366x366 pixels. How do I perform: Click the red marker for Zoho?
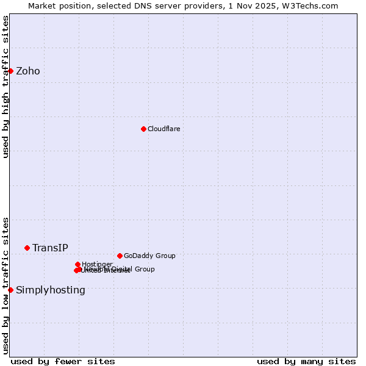pyautogui.click(x=10, y=71)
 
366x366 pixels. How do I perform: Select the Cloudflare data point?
pyautogui.click(x=143, y=129)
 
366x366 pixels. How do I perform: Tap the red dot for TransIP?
pyautogui.click(x=27, y=248)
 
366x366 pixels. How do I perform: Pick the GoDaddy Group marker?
pyautogui.click(x=120, y=256)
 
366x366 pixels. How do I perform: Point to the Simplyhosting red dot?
pyautogui.click(x=10, y=290)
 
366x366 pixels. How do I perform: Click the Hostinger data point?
pyautogui.click(x=77, y=264)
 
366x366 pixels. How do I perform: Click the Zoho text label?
pyautogui.click(x=28, y=71)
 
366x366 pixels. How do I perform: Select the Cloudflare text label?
pyautogui.click(x=163, y=129)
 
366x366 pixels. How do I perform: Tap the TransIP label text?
pyautogui.click(x=50, y=248)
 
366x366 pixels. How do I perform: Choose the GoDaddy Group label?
pyautogui.click(x=149, y=256)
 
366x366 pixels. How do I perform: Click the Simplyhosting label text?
pyautogui.click(x=51, y=290)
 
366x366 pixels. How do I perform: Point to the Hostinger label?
pyautogui.click(x=97, y=264)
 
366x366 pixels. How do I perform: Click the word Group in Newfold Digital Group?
pyautogui.click(x=144, y=269)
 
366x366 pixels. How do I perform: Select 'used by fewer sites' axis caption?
pyautogui.click(x=63, y=361)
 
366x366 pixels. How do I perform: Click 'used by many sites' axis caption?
pyautogui.click(x=306, y=361)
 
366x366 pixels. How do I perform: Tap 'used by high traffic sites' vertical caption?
pyautogui.click(x=5, y=87)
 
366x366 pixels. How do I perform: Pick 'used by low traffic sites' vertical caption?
pyautogui.click(x=5, y=285)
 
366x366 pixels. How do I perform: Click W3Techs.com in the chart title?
pyautogui.click(x=312, y=5)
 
